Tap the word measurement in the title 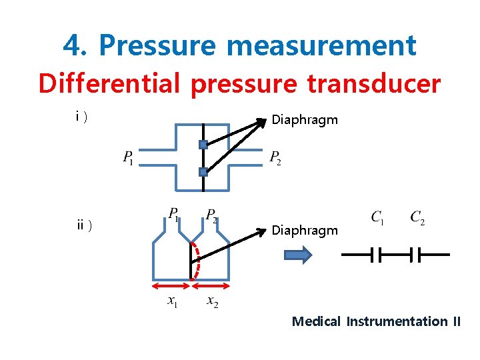click(x=321, y=45)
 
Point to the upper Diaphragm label click(x=305, y=120)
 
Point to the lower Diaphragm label click(x=305, y=230)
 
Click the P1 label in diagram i click(x=128, y=158)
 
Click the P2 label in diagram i click(x=275, y=158)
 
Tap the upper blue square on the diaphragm click(x=203, y=145)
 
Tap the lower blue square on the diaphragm click(x=203, y=172)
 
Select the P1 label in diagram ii click(x=173, y=214)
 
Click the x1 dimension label click(x=173, y=301)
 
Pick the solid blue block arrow click(x=298, y=255)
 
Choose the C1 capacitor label click(x=377, y=217)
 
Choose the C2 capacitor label click(x=418, y=217)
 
